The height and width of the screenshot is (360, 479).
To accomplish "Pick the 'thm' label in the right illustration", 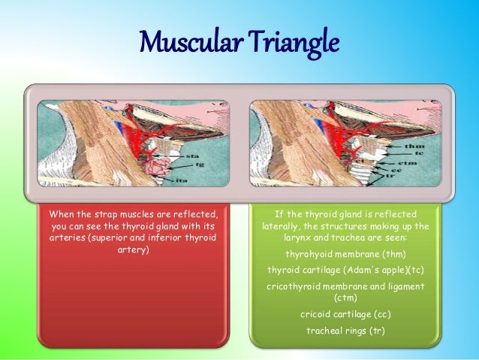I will (x=411, y=146).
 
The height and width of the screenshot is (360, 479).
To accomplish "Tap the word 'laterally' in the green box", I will (x=285, y=225).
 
